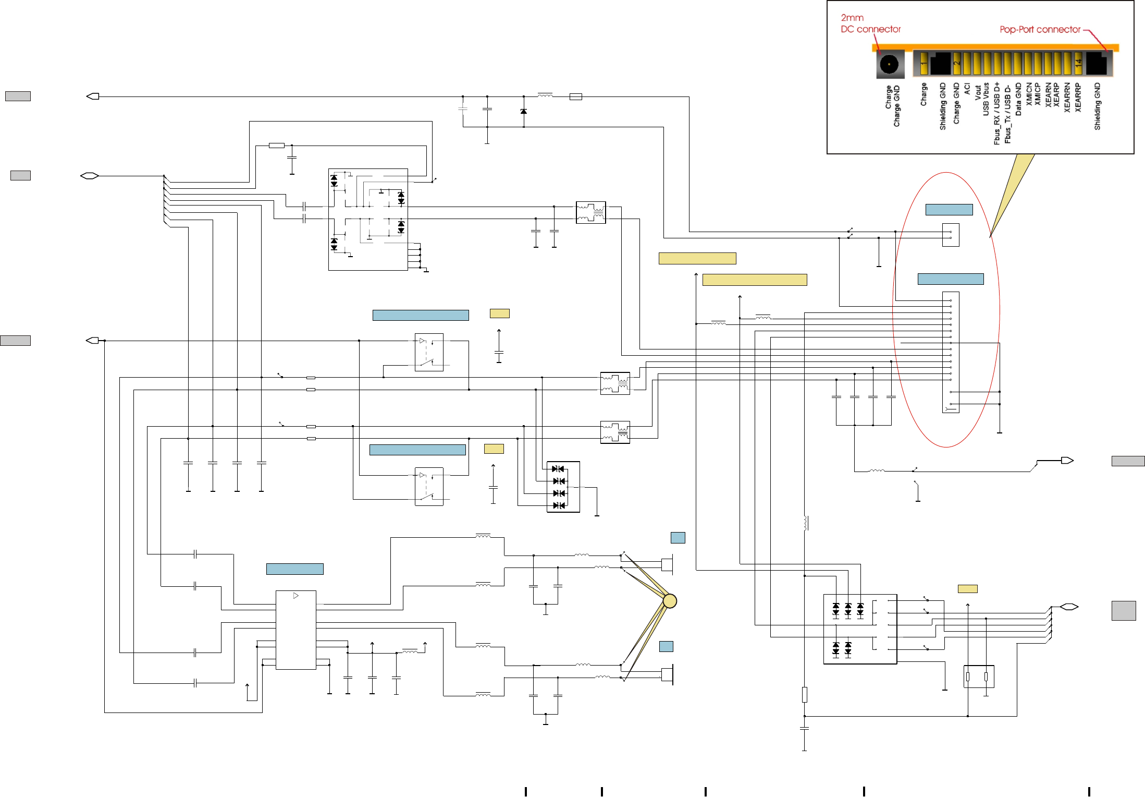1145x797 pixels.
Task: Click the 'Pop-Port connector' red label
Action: [1040, 30]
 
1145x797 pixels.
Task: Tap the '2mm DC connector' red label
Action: [870, 23]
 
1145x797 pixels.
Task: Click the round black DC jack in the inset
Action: [889, 64]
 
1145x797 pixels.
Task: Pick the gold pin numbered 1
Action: [924, 64]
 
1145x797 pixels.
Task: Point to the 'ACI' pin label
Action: [967, 89]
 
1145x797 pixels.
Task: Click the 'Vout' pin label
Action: [978, 92]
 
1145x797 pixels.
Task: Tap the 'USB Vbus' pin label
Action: [986, 99]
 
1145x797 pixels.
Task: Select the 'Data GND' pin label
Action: [1018, 99]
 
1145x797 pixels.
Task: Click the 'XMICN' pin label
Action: [1029, 94]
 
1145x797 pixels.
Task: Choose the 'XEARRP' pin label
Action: [1078, 98]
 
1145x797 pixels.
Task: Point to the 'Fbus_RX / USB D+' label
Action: [997, 113]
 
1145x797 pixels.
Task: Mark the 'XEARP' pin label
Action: [1056, 95]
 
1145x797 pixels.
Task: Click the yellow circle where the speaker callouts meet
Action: [670, 601]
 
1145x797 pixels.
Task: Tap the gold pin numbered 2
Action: [956, 64]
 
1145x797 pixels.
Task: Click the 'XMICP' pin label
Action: [1038, 94]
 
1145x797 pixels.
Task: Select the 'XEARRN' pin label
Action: [1067, 98]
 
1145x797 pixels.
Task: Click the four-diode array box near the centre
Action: [563, 487]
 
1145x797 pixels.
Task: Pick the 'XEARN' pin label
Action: [1048, 95]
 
